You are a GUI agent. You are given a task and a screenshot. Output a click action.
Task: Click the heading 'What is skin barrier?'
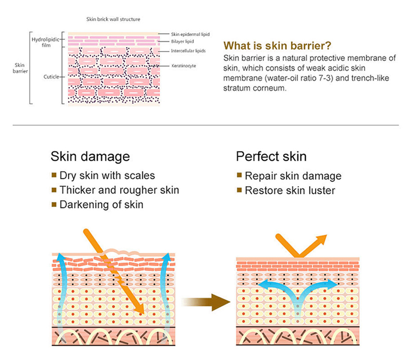point(277,46)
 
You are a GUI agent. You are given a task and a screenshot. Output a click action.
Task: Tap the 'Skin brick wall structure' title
point(113,19)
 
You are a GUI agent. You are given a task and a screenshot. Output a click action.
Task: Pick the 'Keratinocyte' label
point(183,66)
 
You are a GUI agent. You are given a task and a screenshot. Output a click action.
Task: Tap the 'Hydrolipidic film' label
point(42,42)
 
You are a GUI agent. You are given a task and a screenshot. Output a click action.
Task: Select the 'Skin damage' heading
point(90,157)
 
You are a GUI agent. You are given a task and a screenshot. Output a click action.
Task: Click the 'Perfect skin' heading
point(271,157)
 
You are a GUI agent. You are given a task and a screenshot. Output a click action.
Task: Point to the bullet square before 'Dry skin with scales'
point(54,175)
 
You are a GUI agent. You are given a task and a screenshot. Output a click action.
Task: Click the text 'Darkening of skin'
point(101,205)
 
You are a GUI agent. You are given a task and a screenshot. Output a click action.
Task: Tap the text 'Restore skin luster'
point(290,191)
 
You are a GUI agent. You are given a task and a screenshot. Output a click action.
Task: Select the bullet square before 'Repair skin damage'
point(239,175)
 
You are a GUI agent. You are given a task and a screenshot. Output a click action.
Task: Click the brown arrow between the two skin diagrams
point(206,302)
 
